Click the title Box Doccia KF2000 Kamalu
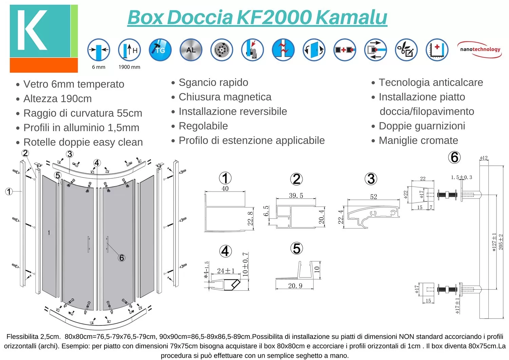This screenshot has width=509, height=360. (x=257, y=17)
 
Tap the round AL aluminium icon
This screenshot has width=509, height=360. (x=191, y=50)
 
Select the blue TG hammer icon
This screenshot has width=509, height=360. (x=160, y=50)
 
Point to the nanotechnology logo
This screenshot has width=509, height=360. (x=480, y=50)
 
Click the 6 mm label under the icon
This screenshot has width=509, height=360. (x=99, y=67)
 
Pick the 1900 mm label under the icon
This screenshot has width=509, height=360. (x=129, y=67)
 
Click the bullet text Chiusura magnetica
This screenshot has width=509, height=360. (x=225, y=97)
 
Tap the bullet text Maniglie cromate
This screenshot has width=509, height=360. (x=418, y=141)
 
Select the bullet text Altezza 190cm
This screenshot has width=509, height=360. (x=57, y=99)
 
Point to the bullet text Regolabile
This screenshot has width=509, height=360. (x=203, y=126)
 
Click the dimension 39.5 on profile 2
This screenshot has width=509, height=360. (x=296, y=196)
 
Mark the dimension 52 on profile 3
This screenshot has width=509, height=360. (x=374, y=197)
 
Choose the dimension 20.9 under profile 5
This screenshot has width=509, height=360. (x=295, y=286)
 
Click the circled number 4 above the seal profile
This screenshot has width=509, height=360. (x=225, y=251)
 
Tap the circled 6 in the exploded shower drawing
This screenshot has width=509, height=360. (x=121, y=258)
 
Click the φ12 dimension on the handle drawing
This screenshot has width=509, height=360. (x=484, y=158)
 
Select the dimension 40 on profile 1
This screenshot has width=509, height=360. (x=225, y=188)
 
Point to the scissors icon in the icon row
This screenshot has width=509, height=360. (x=406, y=50)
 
